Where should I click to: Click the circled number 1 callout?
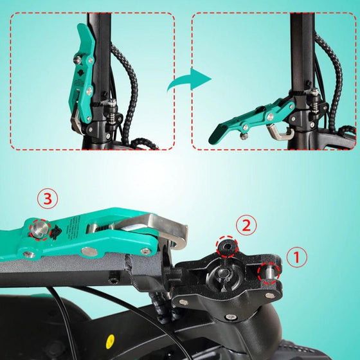coord(297,257)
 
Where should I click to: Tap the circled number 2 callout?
coord(246,226)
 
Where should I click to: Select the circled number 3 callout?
coord(48,199)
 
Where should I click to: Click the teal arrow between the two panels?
coord(189,80)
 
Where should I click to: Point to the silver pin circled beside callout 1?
coord(269,273)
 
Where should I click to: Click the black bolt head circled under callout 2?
coord(227,247)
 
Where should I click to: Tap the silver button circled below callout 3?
coord(40,229)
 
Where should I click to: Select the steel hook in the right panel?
coord(280,132)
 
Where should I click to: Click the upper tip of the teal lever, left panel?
coord(80,25)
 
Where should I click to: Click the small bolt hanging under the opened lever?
coord(244,136)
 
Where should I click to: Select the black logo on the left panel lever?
coord(82,73)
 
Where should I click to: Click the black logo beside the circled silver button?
coord(55,232)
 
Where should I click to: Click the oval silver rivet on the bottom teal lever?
coord(90,251)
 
